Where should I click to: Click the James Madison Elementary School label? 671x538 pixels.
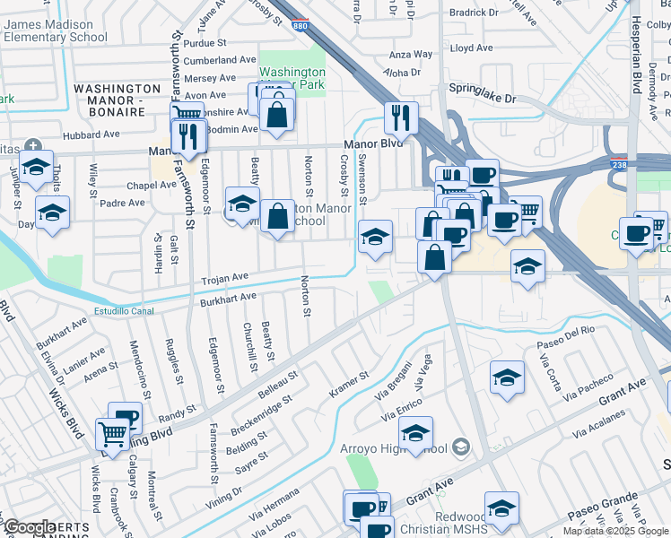pyautogui.click(x=56, y=30)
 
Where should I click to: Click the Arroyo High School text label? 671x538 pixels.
pyautogui.click(x=400, y=448)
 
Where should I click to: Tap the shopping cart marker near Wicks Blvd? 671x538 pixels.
pyautogui.click(x=112, y=435)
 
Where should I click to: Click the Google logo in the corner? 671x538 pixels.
pyautogui.click(x=29, y=527)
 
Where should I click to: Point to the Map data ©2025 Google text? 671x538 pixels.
pyautogui.click(x=615, y=531)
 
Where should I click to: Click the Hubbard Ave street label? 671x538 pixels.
pyautogui.click(x=90, y=134)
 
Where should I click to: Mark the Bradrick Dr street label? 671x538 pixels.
pyautogui.click(x=475, y=13)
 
